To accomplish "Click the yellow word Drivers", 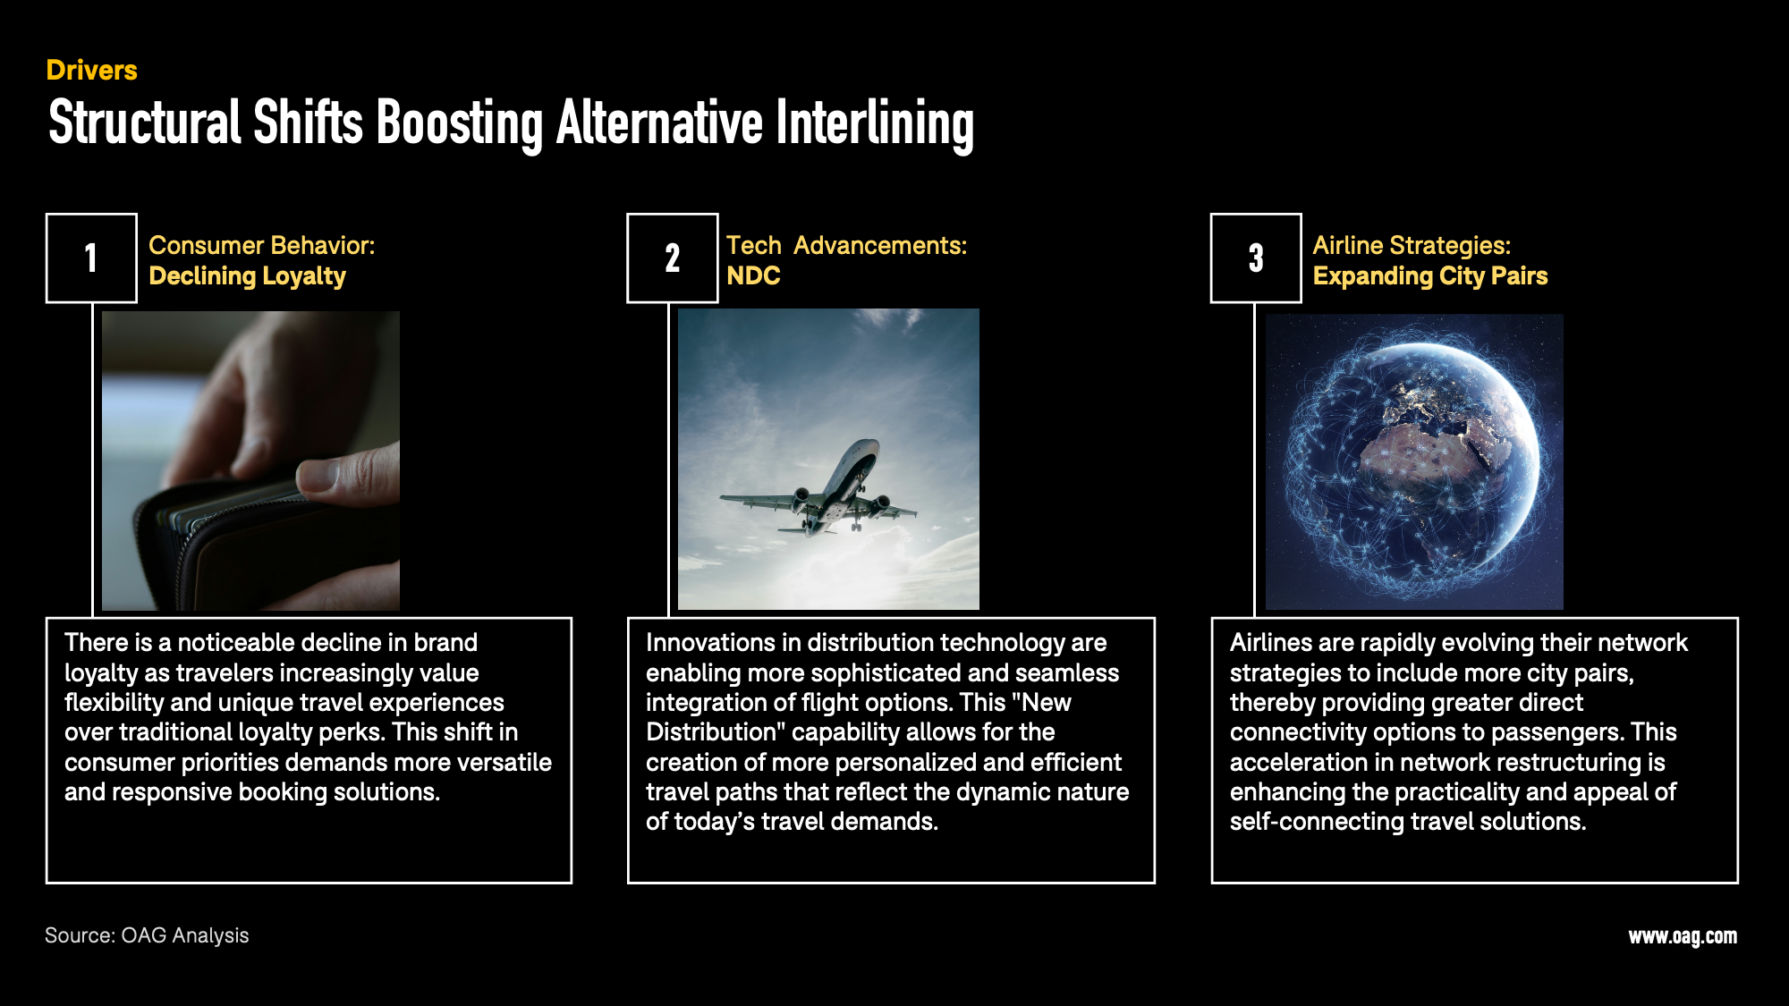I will pyautogui.click(x=91, y=70).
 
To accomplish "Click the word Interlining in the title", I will pyautogui.click(x=874, y=123).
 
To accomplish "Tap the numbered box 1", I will pyautogui.click(x=91, y=258).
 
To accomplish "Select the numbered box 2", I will pyautogui.click(x=672, y=258).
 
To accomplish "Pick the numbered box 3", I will pyautogui.click(x=1256, y=258).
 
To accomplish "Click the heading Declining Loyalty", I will pyautogui.click(x=247, y=276).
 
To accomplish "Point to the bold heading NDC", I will pyautogui.click(x=753, y=276).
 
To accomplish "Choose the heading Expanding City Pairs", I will pyautogui.click(x=1429, y=276).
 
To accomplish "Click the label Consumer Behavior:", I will pyautogui.click(x=261, y=245).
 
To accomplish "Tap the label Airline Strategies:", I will pyautogui.click(x=1411, y=245).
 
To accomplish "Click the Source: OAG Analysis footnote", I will pyautogui.click(x=147, y=935).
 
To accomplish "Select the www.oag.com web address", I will pyautogui.click(x=1682, y=936).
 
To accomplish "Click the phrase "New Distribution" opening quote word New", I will pyautogui.click(x=1045, y=703).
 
